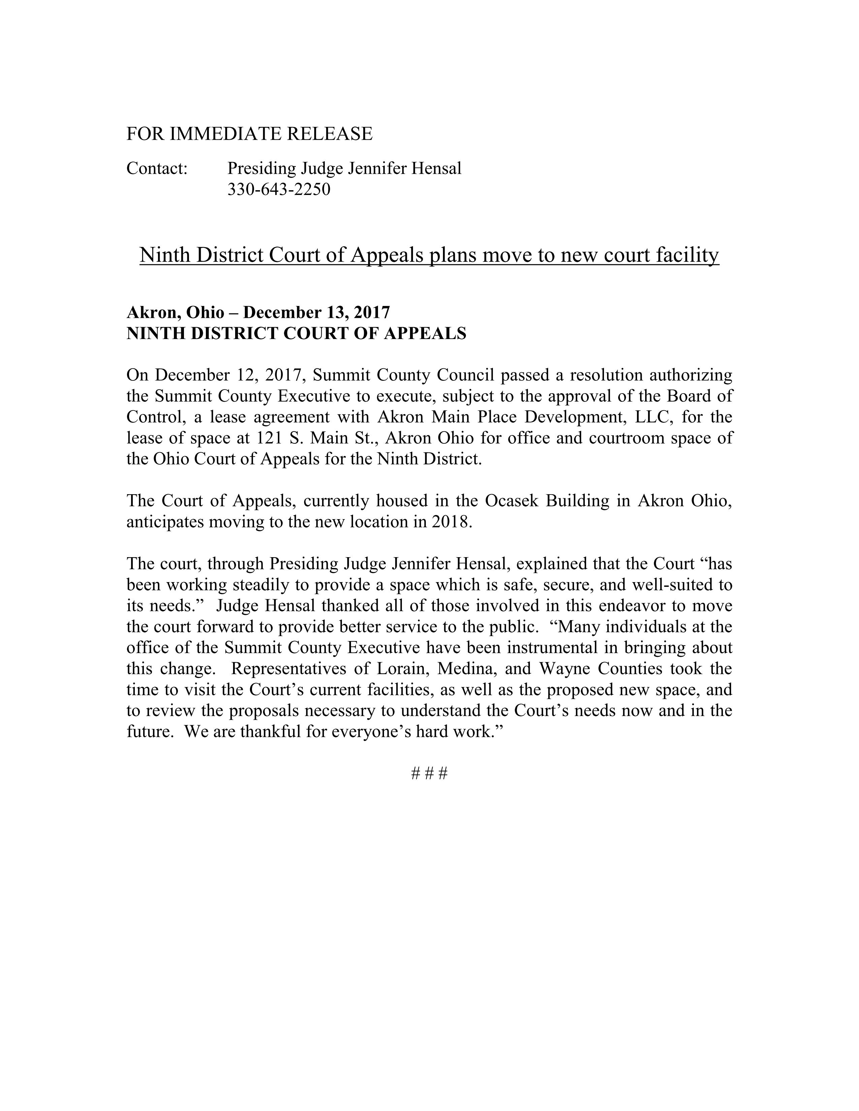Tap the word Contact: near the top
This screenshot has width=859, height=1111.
tap(157, 168)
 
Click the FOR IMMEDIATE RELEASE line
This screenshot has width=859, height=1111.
tap(249, 134)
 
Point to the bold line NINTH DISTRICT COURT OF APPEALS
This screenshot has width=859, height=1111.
tap(296, 333)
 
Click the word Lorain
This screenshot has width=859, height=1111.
tap(399, 668)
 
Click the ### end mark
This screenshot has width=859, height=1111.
tap(429, 774)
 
